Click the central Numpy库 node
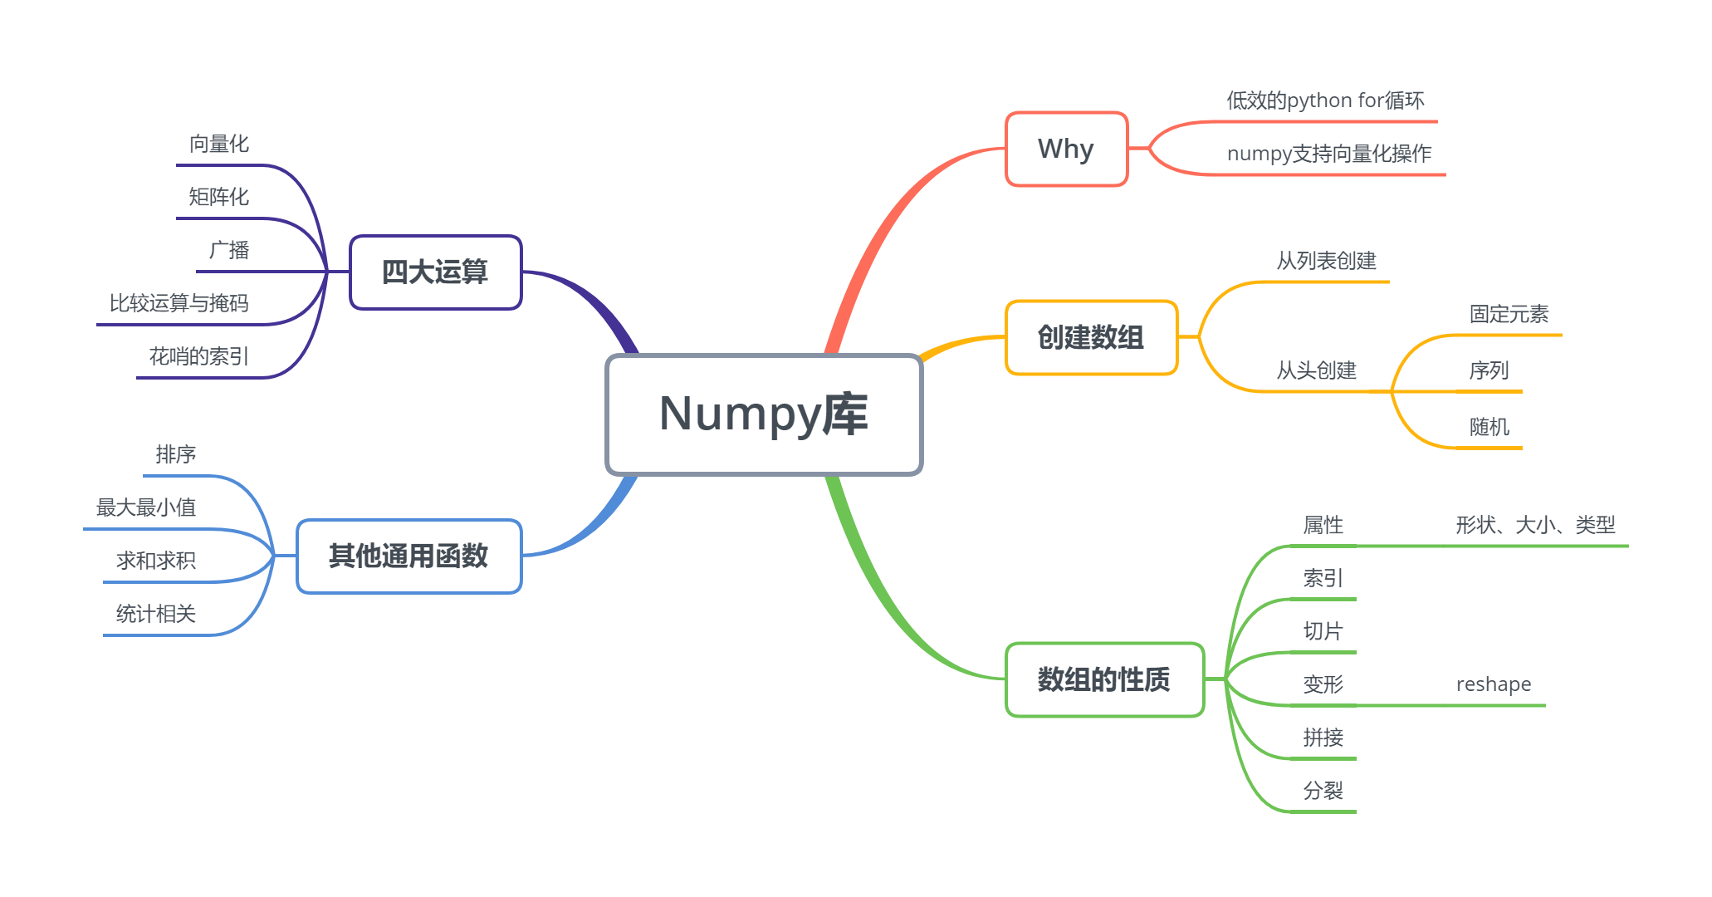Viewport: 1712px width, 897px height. [764, 414]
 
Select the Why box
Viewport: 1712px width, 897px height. [1066, 149]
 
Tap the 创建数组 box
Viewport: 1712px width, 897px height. [1091, 338]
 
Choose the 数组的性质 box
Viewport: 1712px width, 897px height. [1104, 679]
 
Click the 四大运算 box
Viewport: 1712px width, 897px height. [435, 272]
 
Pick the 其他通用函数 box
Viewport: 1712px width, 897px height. [408, 556]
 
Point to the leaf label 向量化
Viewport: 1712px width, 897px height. [219, 145]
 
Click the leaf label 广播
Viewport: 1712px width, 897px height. [229, 250]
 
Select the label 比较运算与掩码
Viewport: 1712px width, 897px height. [179, 303]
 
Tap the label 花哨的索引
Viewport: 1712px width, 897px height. [199, 356]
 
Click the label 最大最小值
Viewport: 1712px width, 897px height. [146, 507]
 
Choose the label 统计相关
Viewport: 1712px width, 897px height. [156, 614]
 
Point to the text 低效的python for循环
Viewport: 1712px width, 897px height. [1325, 101]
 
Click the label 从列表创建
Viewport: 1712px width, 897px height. [1326, 261]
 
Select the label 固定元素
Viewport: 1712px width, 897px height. [1509, 314]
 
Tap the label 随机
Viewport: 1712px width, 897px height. [1489, 427]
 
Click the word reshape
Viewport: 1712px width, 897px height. [1493, 684]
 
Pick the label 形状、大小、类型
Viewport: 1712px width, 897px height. [1535, 525]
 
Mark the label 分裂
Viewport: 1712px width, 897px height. [1323, 791]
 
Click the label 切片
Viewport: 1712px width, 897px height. [1323, 631]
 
